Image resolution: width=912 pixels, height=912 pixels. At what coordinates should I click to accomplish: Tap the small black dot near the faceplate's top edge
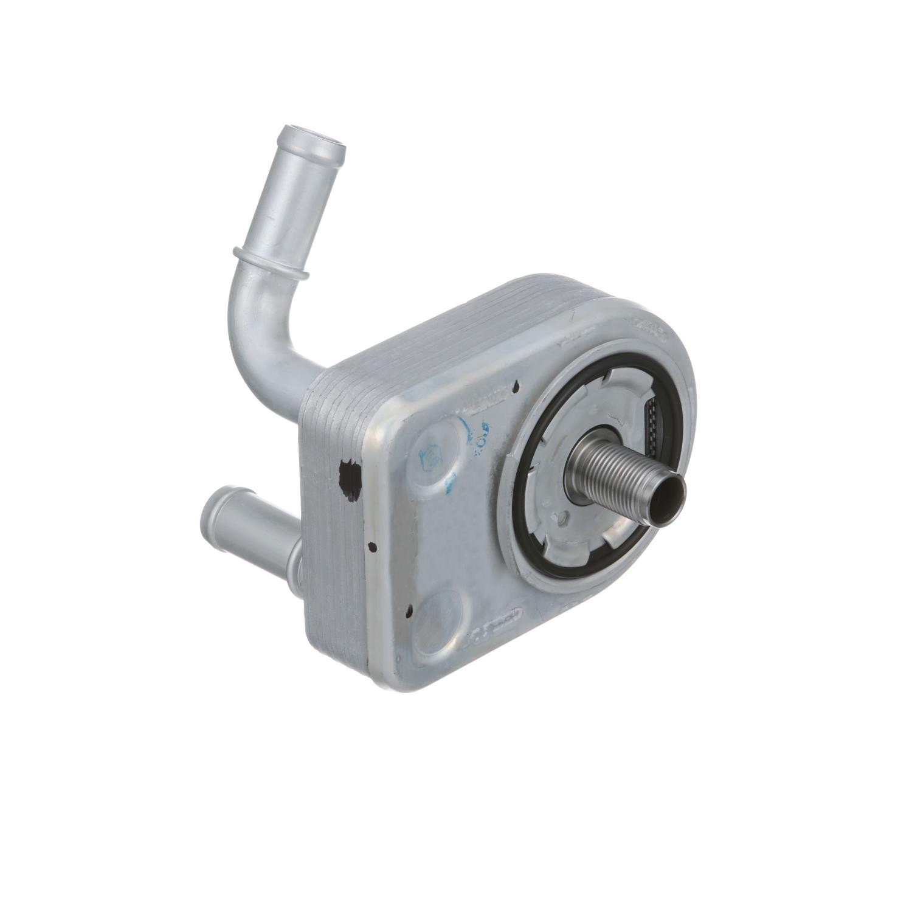coord(516,385)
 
